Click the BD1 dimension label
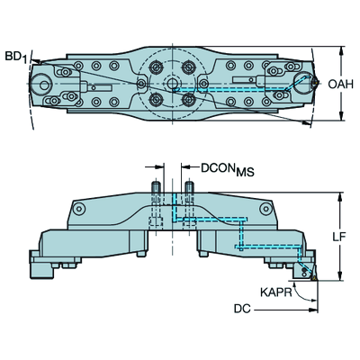point(16,57)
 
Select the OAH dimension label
point(340,84)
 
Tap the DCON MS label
point(228,169)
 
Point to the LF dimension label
point(339,237)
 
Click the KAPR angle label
point(276,292)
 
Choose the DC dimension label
point(242,309)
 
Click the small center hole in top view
point(172,83)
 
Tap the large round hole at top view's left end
point(44,85)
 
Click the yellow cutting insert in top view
point(315,83)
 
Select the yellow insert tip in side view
point(314,277)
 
